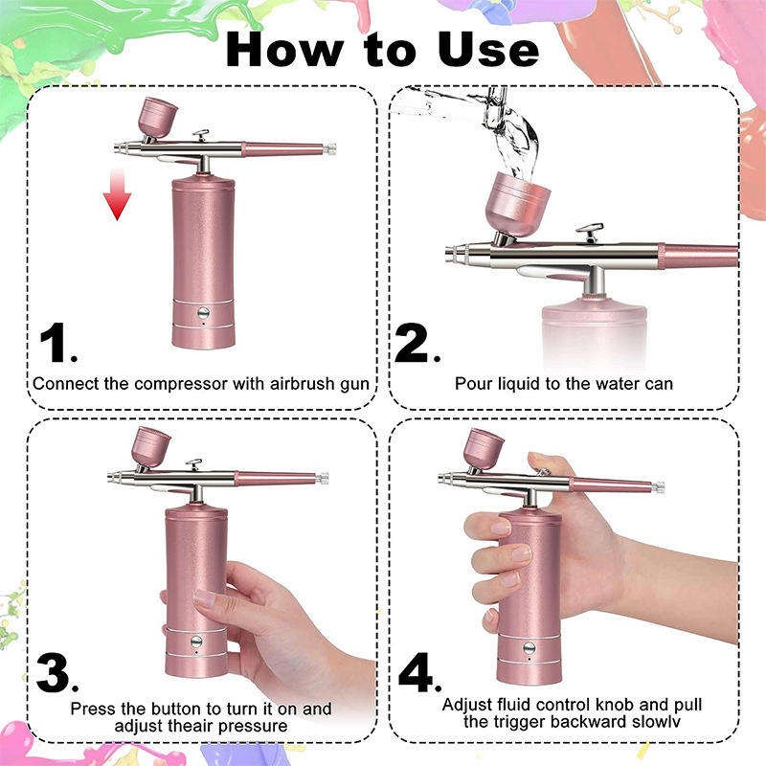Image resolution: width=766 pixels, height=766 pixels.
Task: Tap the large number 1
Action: click(57, 343)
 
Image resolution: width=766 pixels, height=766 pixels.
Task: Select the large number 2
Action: click(414, 343)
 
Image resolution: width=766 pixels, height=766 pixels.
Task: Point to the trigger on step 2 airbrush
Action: click(589, 232)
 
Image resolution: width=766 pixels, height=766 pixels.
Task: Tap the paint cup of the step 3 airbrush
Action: click(150, 448)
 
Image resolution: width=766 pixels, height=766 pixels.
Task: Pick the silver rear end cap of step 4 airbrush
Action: click(659, 486)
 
